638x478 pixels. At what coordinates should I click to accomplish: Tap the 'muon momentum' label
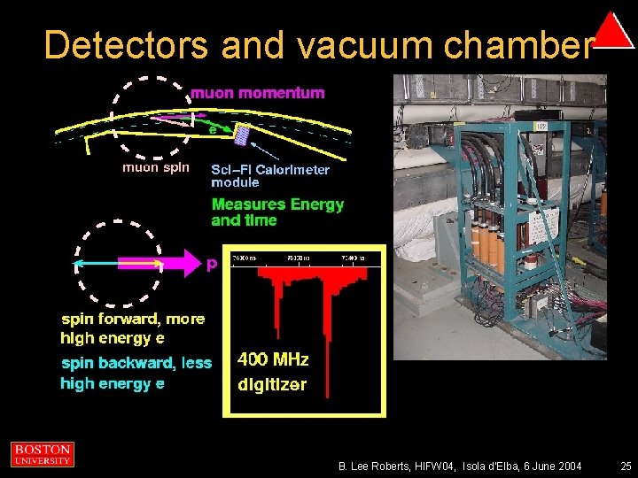[x=258, y=92]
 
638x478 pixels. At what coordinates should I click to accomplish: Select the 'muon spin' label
[x=154, y=166]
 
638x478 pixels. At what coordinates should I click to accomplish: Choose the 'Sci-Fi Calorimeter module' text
[x=269, y=175]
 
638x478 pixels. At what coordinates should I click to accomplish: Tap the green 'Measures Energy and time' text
[x=276, y=212]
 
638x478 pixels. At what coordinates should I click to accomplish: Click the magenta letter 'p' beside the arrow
[x=212, y=265]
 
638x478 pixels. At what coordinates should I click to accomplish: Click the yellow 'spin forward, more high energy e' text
[x=132, y=328]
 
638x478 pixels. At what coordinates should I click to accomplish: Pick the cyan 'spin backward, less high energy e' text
[x=136, y=373]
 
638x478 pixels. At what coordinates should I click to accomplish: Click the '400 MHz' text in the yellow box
[x=273, y=359]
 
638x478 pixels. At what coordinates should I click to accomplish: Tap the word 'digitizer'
[x=272, y=384]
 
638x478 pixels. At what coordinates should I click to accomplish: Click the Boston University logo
[x=42, y=454]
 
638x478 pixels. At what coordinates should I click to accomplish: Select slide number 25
[x=626, y=466]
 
